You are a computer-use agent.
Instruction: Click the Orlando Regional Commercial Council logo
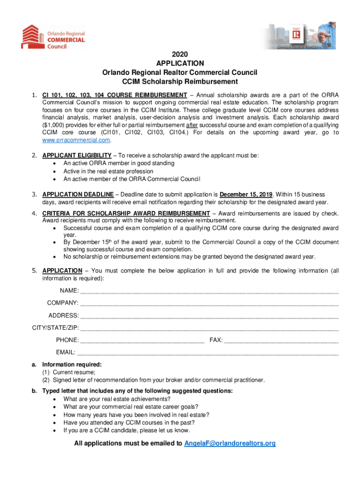[53, 37]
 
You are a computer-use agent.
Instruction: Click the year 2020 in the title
[180, 54]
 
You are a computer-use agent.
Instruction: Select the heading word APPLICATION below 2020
[180, 63]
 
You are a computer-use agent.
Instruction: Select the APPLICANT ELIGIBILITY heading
[77, 155]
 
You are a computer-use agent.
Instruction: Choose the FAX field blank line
[281, 340]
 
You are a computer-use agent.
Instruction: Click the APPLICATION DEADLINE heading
[78, 195]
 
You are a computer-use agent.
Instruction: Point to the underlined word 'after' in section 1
[191, 126]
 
